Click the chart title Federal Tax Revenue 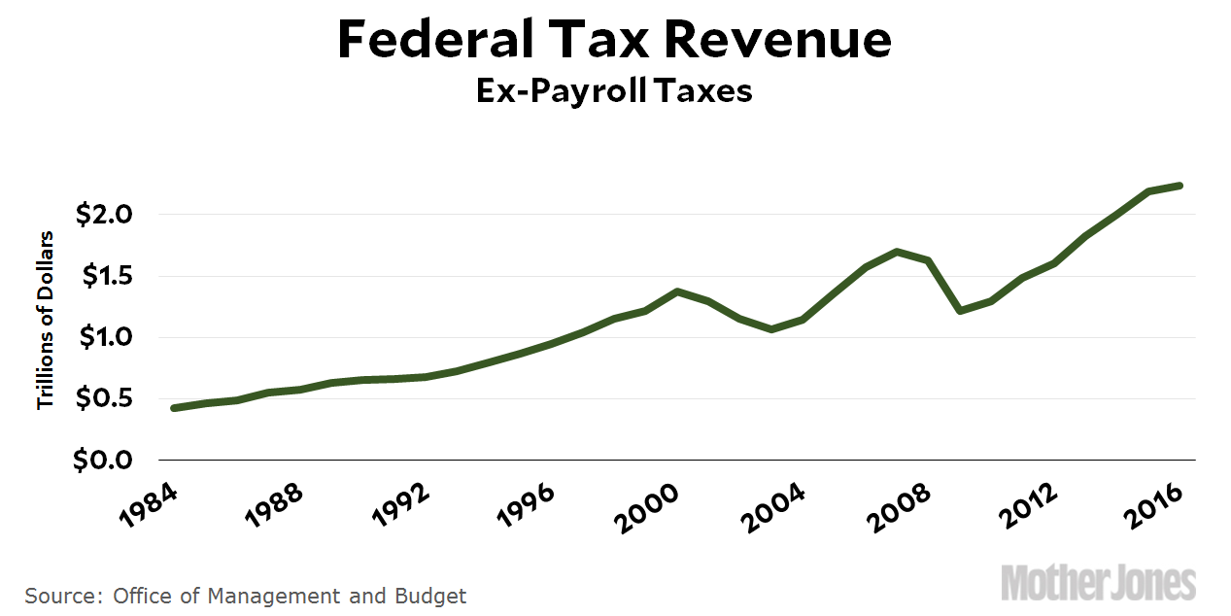click(614, 41)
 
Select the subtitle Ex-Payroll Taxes click(614, 90)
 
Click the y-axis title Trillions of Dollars click(45, 319)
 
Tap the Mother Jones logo click(1098, 582)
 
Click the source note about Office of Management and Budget click(246, 596)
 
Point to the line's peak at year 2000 click(677, 291)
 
